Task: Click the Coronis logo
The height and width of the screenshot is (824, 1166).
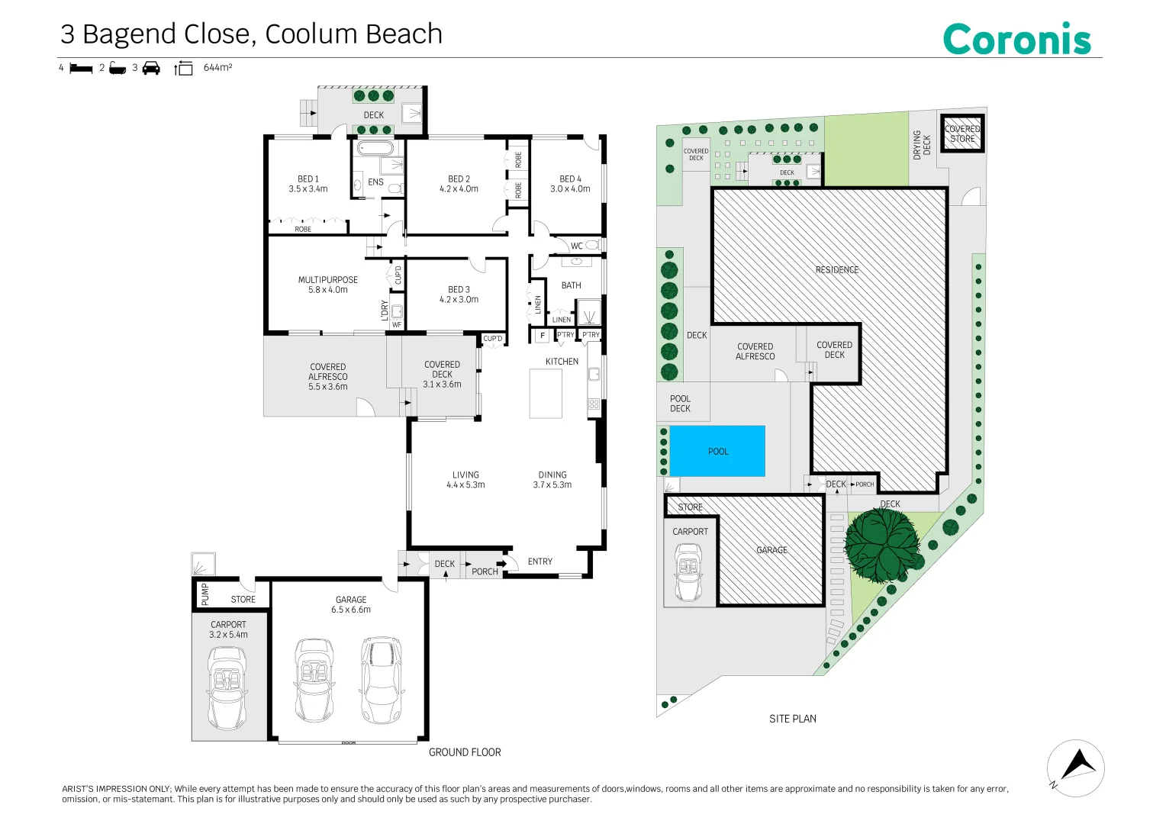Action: pos(1016,40)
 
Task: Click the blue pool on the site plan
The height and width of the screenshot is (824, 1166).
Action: pos(717,451)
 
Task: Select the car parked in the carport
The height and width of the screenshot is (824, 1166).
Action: pos(227,688)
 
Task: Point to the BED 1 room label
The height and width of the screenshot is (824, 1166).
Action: pos(308,184)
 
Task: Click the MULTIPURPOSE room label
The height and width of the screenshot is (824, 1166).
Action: pos(327,285)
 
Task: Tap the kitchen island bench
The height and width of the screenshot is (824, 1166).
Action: pos(546,394)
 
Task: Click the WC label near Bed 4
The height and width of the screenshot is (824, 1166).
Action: pos(577,246)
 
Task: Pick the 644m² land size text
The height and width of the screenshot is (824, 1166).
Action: pos(217,68)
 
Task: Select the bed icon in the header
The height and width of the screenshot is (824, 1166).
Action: pos(81,68)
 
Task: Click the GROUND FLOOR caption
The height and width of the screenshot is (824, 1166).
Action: pos(465,752)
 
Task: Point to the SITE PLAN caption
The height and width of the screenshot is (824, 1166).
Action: pos(792,719)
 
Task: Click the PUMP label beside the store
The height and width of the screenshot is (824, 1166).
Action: pos(205,594)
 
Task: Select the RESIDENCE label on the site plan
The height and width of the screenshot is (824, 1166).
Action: pos(836,270)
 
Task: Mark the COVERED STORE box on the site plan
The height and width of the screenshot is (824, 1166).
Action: pos(962,134)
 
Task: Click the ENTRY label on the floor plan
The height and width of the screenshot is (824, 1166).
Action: pos(540,562)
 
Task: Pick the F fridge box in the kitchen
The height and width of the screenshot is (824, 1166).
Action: pos(543,335)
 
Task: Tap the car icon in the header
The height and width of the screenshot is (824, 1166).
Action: pos(151,68)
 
